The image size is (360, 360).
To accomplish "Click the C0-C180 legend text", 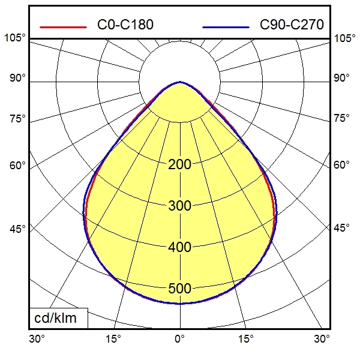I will pyautogui.click(x=125, y=25).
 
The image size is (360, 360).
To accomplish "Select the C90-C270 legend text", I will pyautogui.click(x=292, y=25).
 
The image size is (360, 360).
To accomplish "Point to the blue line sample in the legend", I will pyautogui.click(x=226, y=27).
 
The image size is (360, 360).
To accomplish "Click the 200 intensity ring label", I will pyautogui.click(x=179, y=164).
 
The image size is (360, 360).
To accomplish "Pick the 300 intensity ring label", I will pyautogui.click(x=179, y=206).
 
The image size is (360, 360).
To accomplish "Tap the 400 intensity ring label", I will pyautogui.click(x=179, y=247).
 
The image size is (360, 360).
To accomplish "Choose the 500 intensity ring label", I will pyautogui.click(x=179, y=288).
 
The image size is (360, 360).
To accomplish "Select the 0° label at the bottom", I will pyautogui.click(x=179, y=340).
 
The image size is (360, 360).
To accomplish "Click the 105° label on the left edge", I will pyautogui.click(x=15, y=38).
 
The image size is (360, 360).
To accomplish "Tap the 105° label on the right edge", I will pyautogui.click(x=344, y=38).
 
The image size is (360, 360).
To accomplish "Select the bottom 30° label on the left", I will pyautogui.click(x=37, y=340).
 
